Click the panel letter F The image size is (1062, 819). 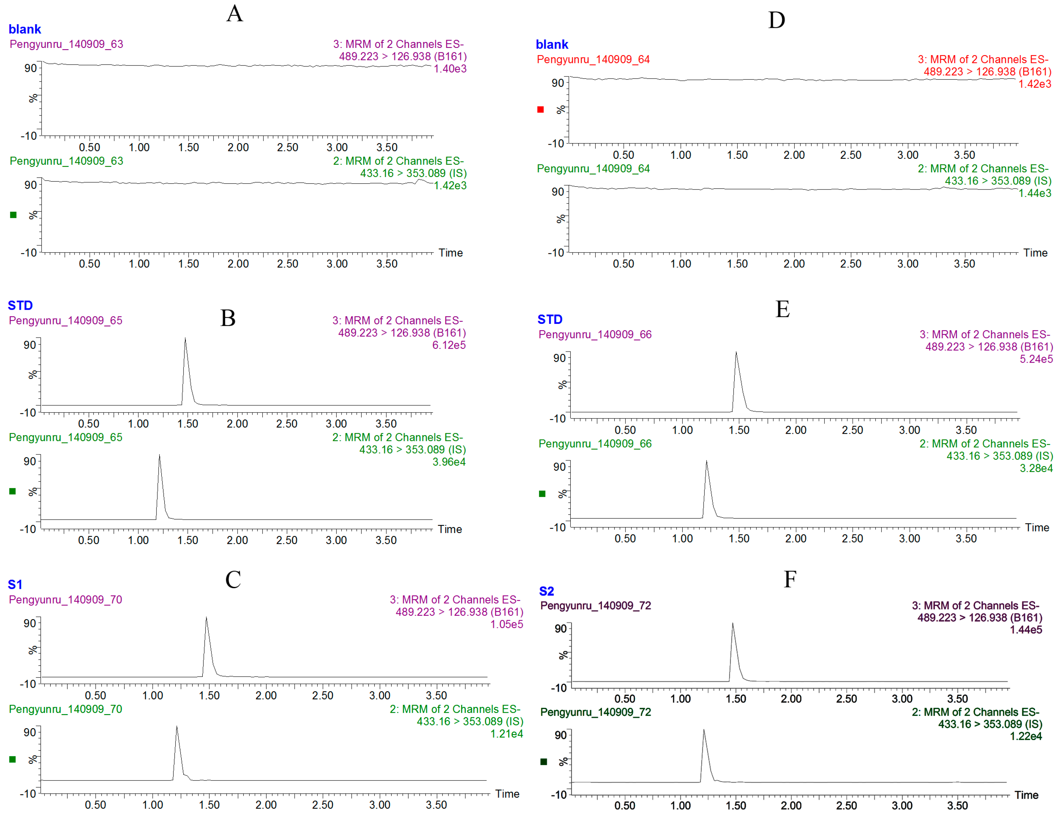[x=790, y=579]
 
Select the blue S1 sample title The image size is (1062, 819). [x=15, y=584]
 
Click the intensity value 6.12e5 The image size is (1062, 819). [x=448, y=345]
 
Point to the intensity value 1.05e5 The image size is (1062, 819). [x=506, y=624]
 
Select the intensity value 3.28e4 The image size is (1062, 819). [x=1036, y=468]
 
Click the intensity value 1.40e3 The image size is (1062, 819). [x=450, y=69]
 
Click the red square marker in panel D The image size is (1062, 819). [x=540, y=110]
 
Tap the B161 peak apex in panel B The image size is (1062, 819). [x=185, y=338]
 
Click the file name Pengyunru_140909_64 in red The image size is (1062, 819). [x=593, y=60]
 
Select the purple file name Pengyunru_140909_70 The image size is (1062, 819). [x=65, y=599]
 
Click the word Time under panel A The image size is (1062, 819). [x=450, y=252]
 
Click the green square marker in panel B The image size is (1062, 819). [x=13, y=491]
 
